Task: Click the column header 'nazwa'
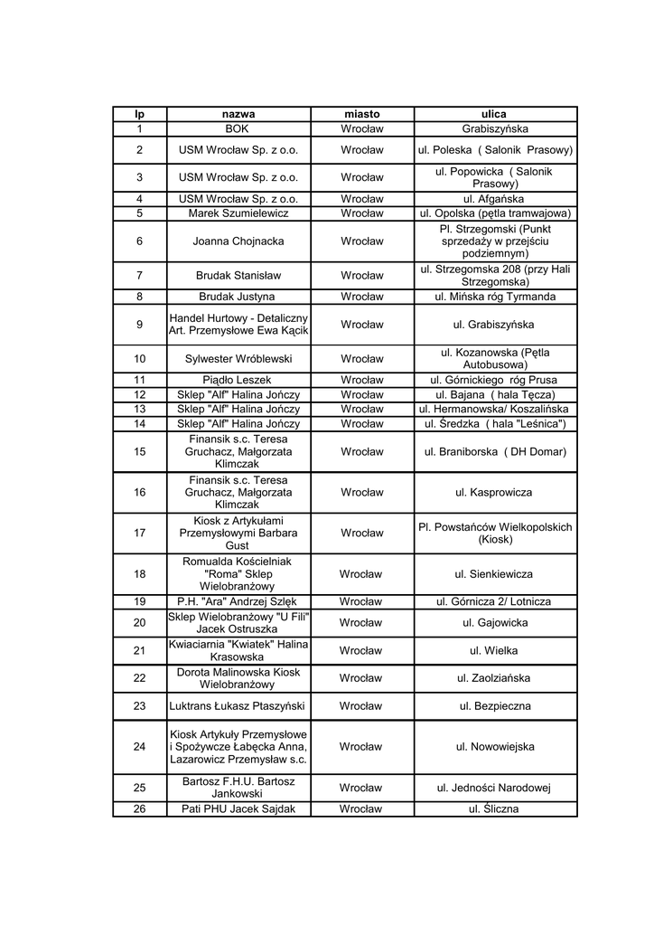(x=238, y=115)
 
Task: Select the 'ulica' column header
(x=494, y=115)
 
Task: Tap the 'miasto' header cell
(x=361, y=115)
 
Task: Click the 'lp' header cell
(x=139, y=115)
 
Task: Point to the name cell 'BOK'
(x=238, y=129)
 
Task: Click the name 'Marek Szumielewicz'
(x=238, y=213)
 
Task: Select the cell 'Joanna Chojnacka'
(x=238, y=241)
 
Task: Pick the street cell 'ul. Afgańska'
(x=494, y=198)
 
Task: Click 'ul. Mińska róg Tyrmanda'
(x=494, y=297)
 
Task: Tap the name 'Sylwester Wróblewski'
(x=238, y=358)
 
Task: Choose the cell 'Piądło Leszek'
(x=238, y=381)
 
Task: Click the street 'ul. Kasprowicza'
(x=494, y=493)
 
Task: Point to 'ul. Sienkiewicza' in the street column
(x=494, y=574)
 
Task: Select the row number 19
(x=139, y=601)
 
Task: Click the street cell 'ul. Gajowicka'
(x=494, y=623)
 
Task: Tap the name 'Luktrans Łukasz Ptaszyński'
(x=238, y=706)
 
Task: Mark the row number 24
(x=139, y=747)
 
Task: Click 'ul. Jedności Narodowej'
(x=494, y=788)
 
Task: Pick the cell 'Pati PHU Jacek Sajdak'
(x=238, y=809)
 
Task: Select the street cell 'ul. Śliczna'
(x=494, y=809)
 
